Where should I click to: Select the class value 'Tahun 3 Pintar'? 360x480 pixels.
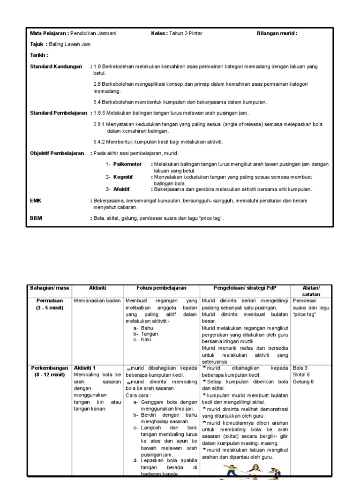point(186,34)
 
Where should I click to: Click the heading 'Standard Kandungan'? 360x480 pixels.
point(56,67)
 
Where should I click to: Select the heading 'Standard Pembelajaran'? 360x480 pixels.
point(59,113)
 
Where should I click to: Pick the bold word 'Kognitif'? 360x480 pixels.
point(123,177)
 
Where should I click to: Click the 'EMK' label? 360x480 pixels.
point(36,200)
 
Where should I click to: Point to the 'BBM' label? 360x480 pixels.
point(36,218)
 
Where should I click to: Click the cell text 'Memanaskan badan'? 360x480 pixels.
point(97,301)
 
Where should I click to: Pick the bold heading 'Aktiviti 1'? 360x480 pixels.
point(85,368)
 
